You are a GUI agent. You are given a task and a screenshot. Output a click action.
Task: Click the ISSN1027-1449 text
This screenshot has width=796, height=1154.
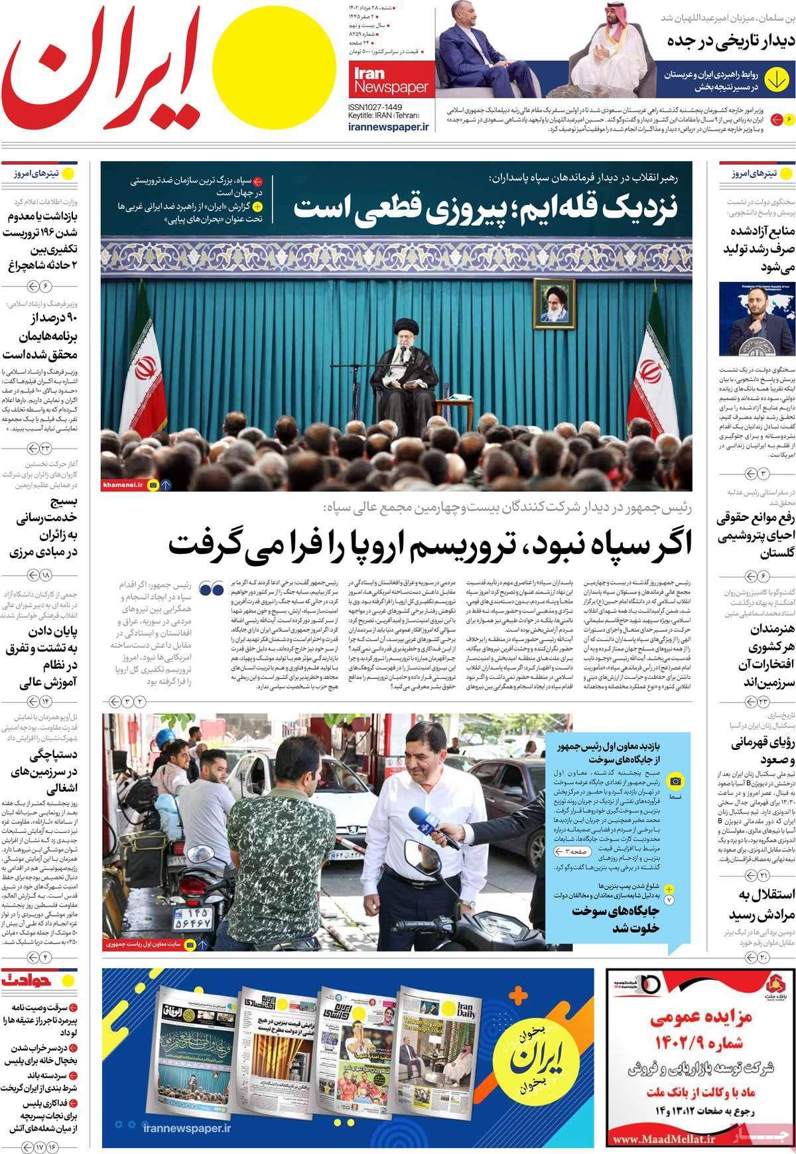(376, 106)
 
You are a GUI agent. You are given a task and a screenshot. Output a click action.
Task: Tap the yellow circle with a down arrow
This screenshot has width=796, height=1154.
(775, 78)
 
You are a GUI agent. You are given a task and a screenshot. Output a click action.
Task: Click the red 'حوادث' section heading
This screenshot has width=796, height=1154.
(31, 978)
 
